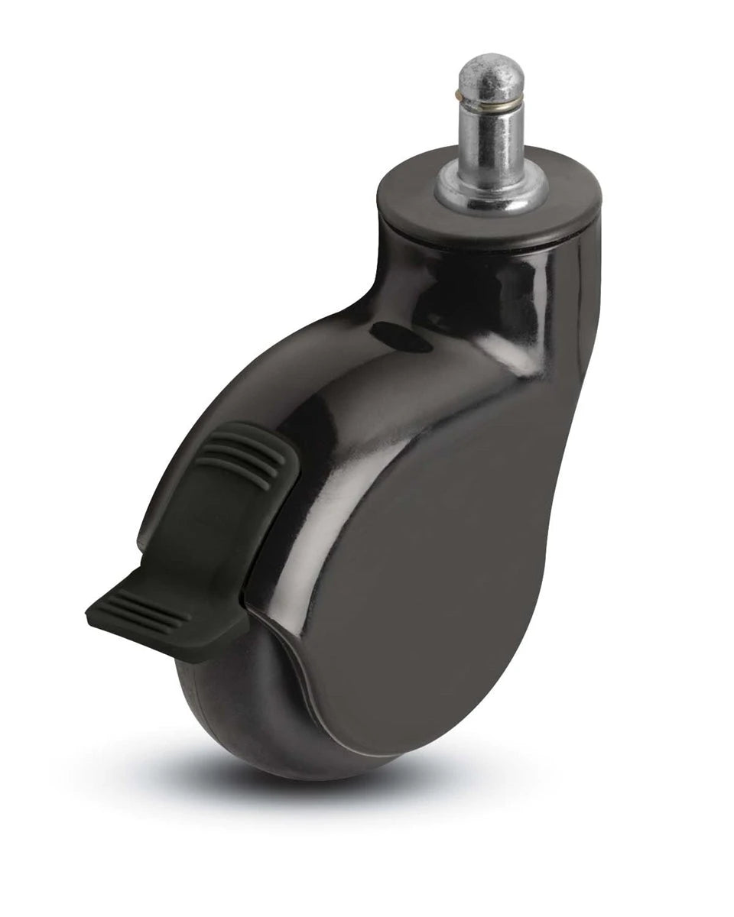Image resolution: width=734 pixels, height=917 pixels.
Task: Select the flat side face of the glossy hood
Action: coord(428,581)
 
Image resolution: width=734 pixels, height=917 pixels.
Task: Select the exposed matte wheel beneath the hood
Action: coord(229,711)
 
